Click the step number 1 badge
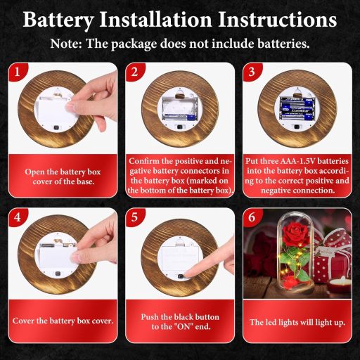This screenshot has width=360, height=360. point(17,72)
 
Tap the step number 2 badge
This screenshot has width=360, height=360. point(134,72)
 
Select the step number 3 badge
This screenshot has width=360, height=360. point(251,72)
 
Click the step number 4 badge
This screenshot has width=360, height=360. point(17,217)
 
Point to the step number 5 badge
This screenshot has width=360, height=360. point(134,217)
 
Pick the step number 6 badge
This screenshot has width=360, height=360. point(251,217)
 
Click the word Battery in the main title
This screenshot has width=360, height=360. point(58,20)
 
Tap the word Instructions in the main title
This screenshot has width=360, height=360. point(278,19)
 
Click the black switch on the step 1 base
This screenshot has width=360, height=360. point(56,128)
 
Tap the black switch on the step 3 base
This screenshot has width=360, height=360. point(297,127)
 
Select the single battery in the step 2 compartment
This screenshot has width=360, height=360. point(180,117)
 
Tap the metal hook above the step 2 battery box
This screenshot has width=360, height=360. point(180,94)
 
